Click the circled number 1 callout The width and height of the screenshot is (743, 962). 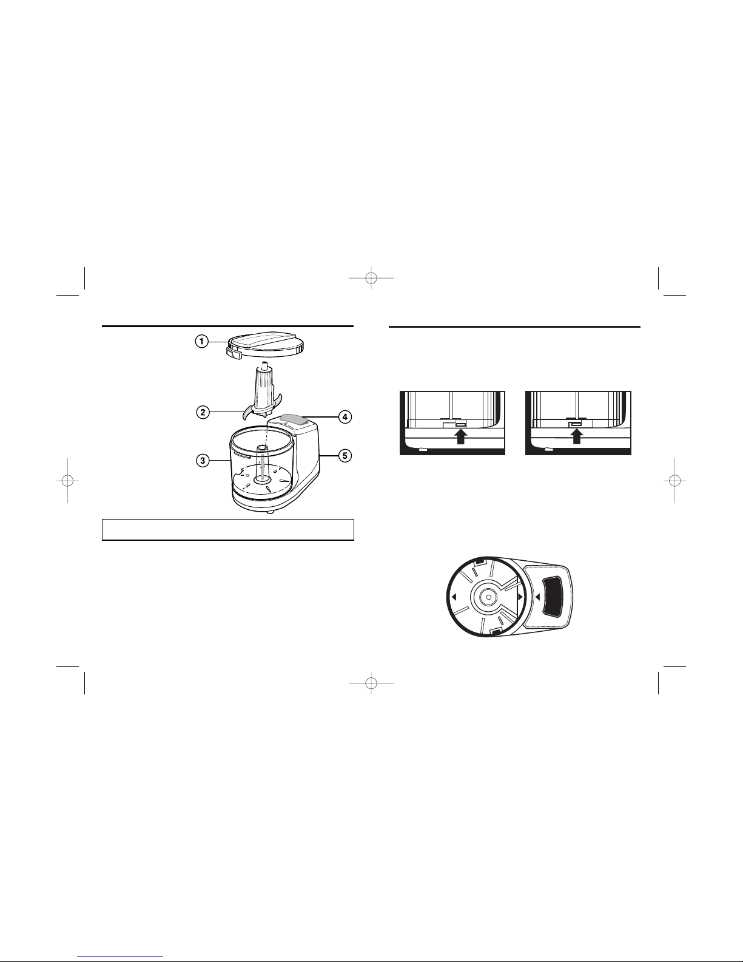[x=201, y=341]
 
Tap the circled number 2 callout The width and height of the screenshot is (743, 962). [x=203, y=413]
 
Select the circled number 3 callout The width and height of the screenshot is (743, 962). [x=203, y=461]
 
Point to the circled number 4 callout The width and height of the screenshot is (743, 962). [x=345, y=416]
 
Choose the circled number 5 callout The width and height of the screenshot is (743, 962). [x=345, y=456]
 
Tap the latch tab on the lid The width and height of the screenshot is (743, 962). [x=233, y=352]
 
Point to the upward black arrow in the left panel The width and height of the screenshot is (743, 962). [x=462, y=436]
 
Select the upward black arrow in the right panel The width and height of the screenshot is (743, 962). [x=576, y=436]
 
